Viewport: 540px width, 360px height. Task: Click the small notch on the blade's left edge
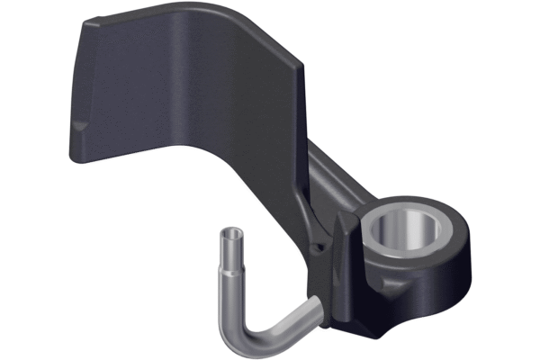point(79,127)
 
